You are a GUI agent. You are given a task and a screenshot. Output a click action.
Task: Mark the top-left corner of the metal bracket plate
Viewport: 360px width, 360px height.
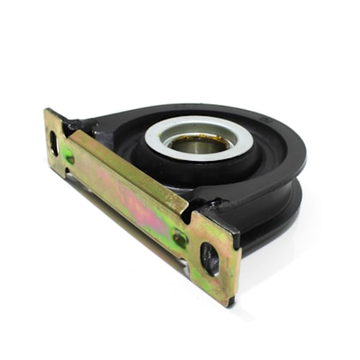(x=48, y=111)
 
